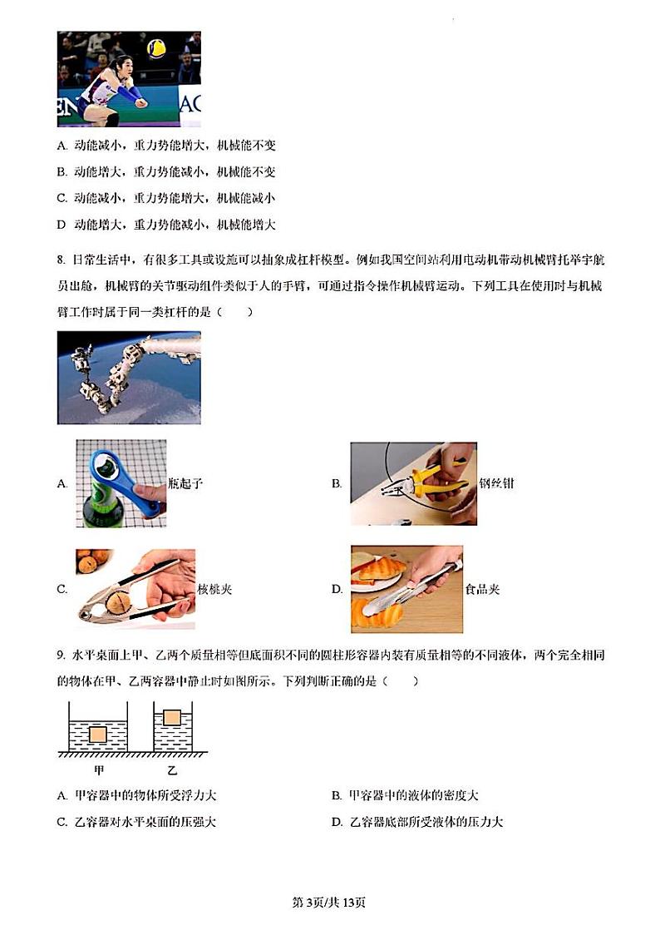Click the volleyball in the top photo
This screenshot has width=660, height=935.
(155, 48)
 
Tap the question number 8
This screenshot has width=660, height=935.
(62, 260)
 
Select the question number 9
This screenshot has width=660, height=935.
(62, 656)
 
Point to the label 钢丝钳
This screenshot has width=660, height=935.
(496, 482)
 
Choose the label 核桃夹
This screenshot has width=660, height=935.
(214, 589)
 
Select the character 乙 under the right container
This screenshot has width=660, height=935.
(172, 769)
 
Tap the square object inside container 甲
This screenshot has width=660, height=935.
(98, 734)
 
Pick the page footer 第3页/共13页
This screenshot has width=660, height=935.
(330, 903)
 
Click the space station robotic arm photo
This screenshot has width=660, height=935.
(129, 378)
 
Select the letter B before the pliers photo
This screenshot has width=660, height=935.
(337, 483)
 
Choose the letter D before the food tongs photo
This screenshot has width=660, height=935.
(337, 589)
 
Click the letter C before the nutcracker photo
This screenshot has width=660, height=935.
(62, 589)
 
